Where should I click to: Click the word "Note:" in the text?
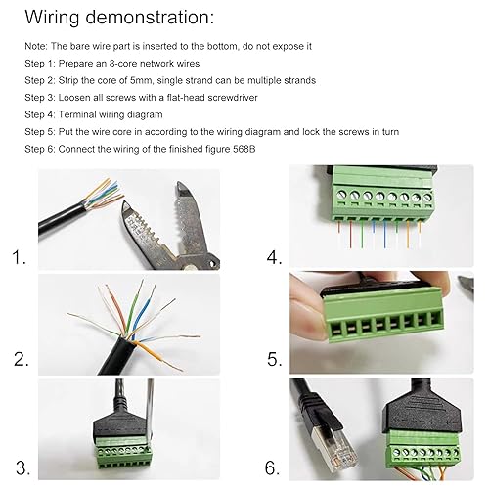[x=35, y=46]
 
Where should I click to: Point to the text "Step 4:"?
[x=41, y=114]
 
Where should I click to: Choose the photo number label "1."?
[x=19, y=258]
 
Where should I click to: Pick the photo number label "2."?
[x=21, y=360]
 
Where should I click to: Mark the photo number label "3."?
[x=20, y=462]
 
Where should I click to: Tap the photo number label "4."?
[x=275, y=258]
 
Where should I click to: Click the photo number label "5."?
[x=275, y=360]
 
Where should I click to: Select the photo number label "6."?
[x=275, y=462]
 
